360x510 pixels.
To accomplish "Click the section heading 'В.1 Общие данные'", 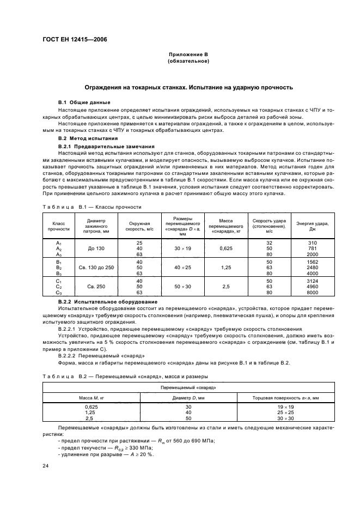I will coord(84,102).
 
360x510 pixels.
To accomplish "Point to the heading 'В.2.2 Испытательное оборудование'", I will coord(108,301).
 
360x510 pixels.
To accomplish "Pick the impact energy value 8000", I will coord(312,292).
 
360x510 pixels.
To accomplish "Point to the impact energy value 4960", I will coord(312,286).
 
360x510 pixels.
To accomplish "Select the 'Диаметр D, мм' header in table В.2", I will coord(188,398).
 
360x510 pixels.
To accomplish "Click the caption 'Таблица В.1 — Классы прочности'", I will coord(91,207).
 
